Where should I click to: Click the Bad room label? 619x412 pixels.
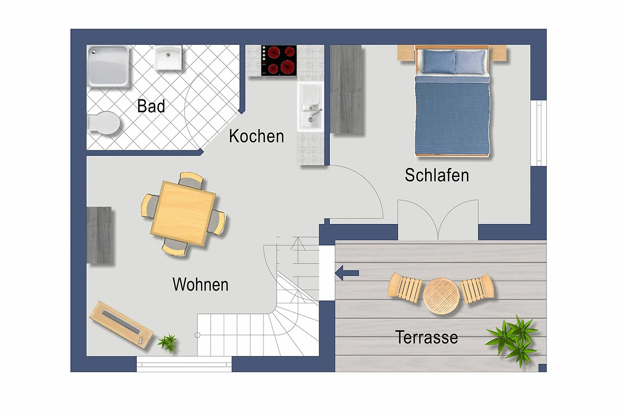coord(151,106)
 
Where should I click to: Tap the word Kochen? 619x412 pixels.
coord(256,136)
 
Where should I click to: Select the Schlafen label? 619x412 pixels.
coord(437,175)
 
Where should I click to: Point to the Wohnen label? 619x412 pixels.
coord(200,284)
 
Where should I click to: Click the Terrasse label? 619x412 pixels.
coord(427,337)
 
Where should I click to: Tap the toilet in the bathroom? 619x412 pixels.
coord(103,123)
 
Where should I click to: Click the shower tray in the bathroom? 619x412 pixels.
coord(108,66)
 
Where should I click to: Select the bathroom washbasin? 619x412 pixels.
coord(168,57)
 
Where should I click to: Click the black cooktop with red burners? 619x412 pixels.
coord(279,60)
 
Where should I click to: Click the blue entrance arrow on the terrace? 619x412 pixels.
coord(347,273)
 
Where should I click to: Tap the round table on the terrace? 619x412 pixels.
coord(442,296)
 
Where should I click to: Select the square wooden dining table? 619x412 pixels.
coord(184,213)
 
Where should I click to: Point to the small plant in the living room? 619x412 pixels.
coord(168,342)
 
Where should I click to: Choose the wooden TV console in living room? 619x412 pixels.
coord(121,324)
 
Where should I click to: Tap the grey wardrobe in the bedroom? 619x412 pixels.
coord(346,89)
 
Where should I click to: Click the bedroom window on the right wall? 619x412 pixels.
coord(539,133)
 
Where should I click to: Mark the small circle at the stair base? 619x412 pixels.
coord(197,335)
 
